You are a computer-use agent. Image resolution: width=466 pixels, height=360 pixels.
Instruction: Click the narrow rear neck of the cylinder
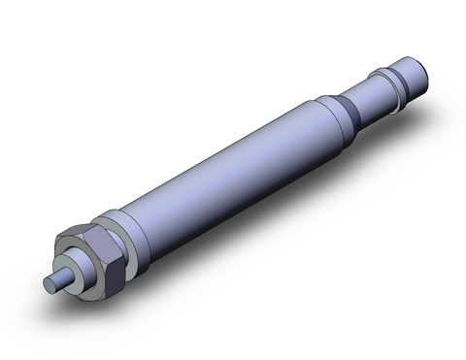point(374,98)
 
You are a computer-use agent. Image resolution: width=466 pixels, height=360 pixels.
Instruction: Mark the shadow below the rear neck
point(388,121)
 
